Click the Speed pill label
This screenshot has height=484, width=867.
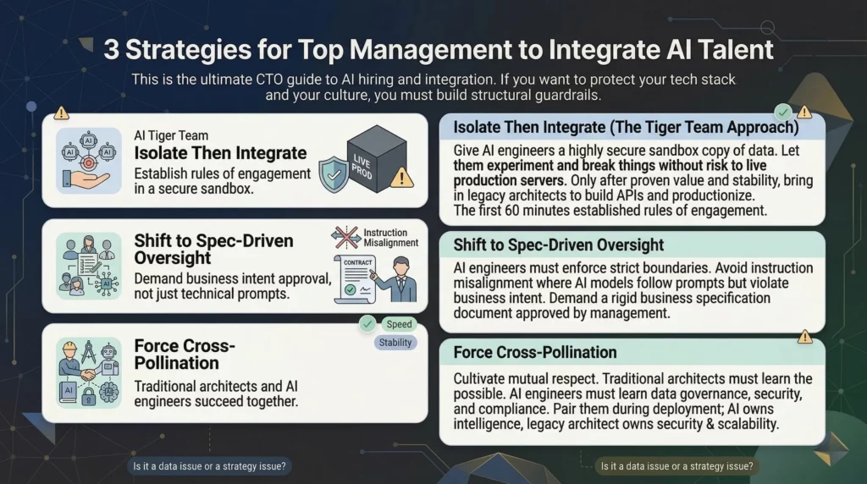click(399, 324)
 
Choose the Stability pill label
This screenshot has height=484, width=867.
click(395, 343)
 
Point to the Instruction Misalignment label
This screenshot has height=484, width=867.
click(390, 237)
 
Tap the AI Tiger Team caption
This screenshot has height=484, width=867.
click(171, 135)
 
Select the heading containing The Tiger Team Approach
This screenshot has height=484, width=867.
click(626, 128)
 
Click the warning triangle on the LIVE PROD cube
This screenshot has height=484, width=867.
click(403, 177)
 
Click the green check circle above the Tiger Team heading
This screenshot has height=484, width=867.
click(784, 111)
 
